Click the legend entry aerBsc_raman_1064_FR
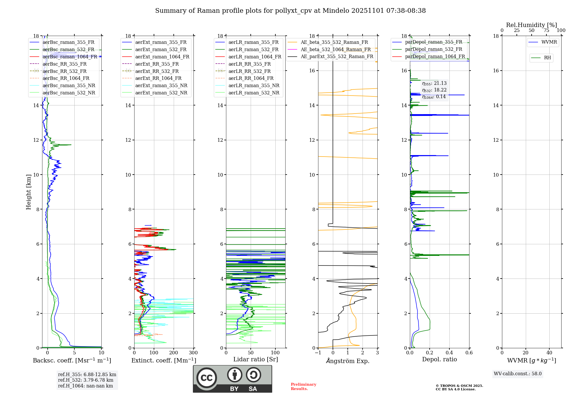click(x=70, y=57)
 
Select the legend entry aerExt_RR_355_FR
click(x=157, y=64)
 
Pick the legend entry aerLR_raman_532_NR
click(x=254, y=93)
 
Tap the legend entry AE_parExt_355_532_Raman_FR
click(x=337, y=56)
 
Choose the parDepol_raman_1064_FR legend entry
click(x=435, y=56)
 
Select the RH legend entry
click(x=547, y=58)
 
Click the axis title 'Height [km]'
click(x=28, y=192)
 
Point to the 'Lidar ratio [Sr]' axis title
click(x=256, y=359)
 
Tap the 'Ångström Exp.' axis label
click(x=348, y=361)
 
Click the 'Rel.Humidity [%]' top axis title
click(x=531, y=25)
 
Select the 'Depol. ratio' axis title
click(x=439, y=359)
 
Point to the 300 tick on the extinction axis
click(x=193, y=353)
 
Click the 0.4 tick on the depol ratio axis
click(x=449, y=353)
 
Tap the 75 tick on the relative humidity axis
click(x=546, y=30)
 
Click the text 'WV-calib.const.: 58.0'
click(x=518, y=374)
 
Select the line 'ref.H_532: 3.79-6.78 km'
click(x=85, y=380)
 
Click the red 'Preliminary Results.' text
click(x=303, y=387)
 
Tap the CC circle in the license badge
click(x=207, y=378)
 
